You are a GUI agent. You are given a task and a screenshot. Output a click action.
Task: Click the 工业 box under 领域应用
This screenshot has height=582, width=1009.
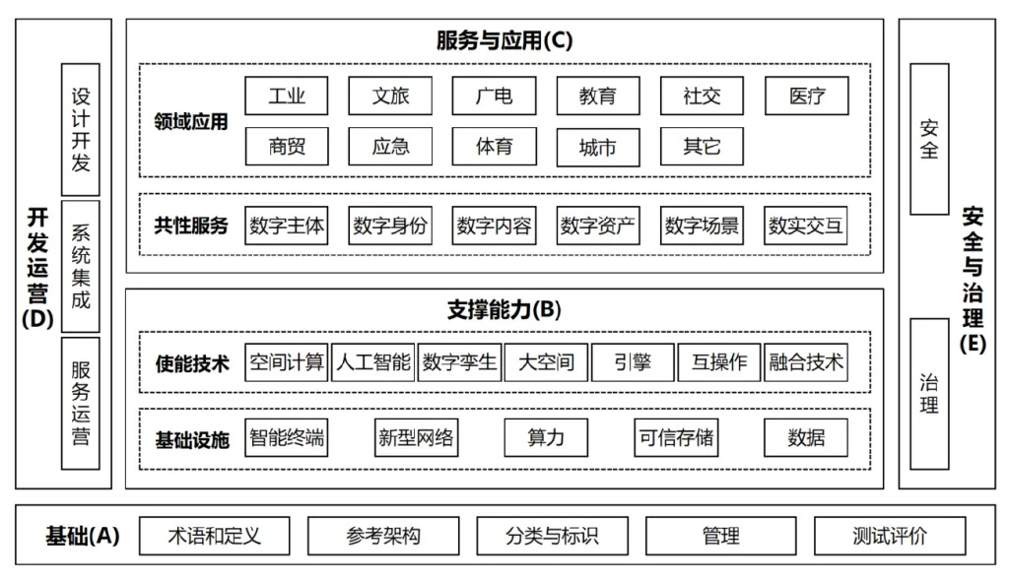287,96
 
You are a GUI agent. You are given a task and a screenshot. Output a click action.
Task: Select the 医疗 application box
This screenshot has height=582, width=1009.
806,96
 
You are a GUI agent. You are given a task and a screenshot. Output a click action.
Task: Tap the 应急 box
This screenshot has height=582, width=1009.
390,146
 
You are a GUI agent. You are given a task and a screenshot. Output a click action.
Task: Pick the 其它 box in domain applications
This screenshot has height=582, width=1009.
702,146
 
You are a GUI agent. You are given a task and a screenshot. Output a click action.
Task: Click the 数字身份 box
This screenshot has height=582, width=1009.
390,226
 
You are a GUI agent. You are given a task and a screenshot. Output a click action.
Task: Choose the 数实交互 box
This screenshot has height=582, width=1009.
806,226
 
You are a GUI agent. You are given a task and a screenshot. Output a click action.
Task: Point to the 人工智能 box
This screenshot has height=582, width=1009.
373,362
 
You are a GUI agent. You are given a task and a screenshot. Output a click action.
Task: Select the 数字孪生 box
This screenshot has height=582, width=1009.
459,362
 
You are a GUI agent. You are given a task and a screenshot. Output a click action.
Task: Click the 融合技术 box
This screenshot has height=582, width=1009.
806,362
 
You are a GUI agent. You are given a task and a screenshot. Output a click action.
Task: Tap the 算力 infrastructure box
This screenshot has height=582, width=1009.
546,437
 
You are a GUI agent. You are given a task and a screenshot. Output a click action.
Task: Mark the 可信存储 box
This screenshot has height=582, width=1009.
676,437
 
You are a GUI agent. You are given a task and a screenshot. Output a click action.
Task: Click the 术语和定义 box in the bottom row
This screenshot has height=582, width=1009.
214,536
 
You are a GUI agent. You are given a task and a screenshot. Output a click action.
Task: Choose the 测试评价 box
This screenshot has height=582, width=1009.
890,536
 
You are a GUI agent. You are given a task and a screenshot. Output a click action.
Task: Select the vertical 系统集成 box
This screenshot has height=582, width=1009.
81,266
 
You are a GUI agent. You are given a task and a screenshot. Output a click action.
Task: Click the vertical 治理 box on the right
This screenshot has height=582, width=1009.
929,394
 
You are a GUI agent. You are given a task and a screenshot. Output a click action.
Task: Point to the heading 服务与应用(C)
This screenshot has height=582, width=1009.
504,40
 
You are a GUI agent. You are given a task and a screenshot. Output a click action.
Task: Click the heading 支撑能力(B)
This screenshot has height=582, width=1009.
504,310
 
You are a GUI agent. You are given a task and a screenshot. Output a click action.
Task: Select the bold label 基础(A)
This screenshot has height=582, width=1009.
83,536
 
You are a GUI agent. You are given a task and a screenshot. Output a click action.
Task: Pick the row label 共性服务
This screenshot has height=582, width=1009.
191,226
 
